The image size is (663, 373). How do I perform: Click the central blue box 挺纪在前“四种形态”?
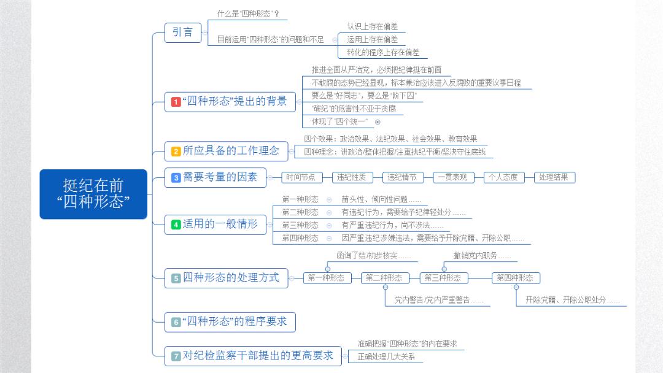coord(93,194)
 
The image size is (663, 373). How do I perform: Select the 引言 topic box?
coord(183,32)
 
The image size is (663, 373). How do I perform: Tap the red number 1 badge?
coord(176,102)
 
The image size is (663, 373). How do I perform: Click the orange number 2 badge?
coord(176,152)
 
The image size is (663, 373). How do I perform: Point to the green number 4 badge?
coord(176,225)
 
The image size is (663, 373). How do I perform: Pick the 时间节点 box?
coord(301,177)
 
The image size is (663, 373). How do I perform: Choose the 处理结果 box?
coord(554,177)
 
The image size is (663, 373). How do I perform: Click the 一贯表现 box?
coord(453,177)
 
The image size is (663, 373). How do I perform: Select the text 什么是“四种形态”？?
coord(248,14)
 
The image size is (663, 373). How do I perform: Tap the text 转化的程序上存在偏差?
coord(383,52)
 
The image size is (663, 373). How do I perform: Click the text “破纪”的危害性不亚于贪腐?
coord(354,109)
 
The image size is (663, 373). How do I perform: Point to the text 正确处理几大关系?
coord(386,356)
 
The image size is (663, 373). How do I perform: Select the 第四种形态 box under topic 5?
coord(516,278)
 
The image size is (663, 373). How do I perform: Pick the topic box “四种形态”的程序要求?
coord(230,322)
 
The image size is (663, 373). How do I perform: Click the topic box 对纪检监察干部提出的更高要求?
coord(253,356)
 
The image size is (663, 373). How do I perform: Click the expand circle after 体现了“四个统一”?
coord(378,122)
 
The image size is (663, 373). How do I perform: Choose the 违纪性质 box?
coord(352,177)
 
